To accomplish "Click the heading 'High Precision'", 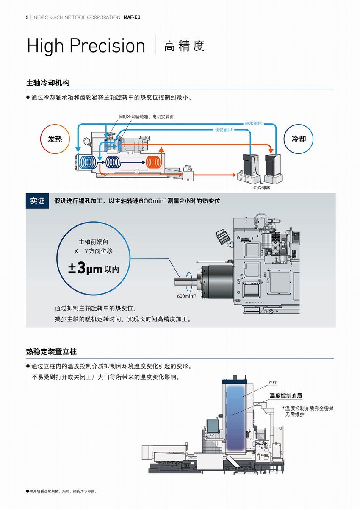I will pos(86,46).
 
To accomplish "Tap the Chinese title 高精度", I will pos(184,46).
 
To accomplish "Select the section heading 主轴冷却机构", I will pos(47,82).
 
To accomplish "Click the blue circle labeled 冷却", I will pos(299,139).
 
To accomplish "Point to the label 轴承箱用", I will pos(253,123).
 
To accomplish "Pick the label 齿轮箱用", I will pos(224,130).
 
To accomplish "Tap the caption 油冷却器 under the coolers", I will pos(261,188).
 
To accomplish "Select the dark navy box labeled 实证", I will pos(37,201).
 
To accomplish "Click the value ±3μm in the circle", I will pos(86,268).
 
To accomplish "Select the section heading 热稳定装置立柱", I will pos(51,352).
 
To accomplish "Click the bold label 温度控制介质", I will pos(286,395).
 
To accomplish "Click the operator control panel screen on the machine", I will pos(210,425).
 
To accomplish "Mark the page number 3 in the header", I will pos(27,17).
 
